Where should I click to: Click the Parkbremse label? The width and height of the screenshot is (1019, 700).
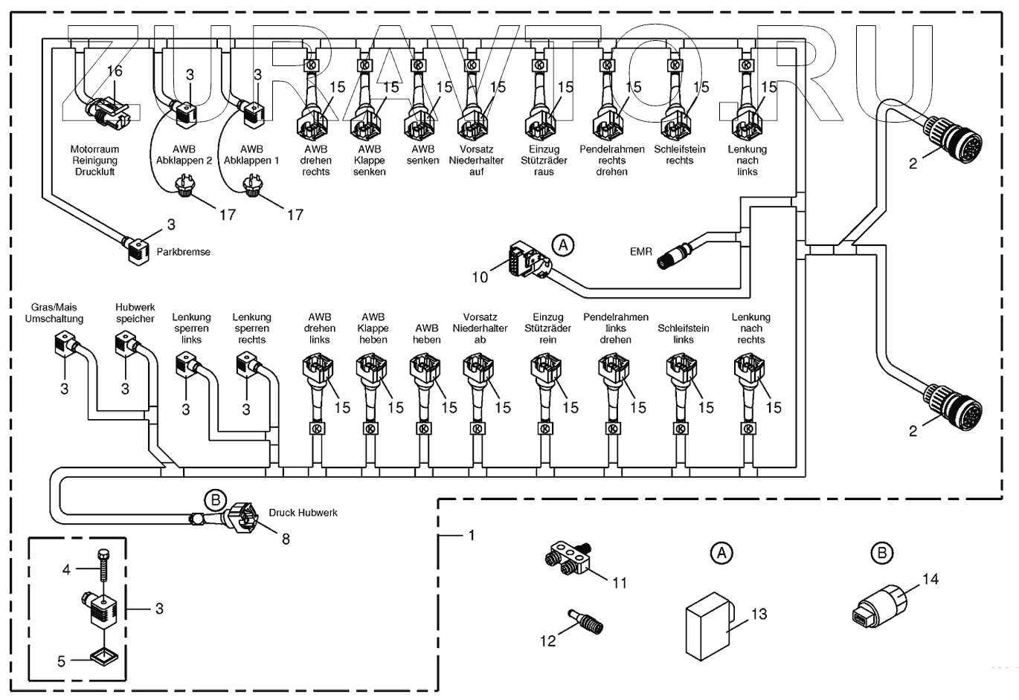(x=183, y=252)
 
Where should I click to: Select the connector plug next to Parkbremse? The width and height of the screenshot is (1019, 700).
(x=138, y=250)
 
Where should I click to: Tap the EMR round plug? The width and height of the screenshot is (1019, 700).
(x=674, y=257)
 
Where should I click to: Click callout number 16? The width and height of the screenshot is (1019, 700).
(x=115, y=71)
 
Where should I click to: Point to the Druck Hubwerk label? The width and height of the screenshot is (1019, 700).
(x=303, y=513)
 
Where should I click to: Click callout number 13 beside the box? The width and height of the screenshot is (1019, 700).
(x=759, y=614)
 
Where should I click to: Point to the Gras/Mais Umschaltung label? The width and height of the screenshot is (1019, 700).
(x=54, y=313)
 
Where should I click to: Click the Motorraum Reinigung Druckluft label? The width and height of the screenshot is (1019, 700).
(x=94, y=161)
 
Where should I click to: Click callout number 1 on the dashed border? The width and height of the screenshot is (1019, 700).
(x=472, y=536)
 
